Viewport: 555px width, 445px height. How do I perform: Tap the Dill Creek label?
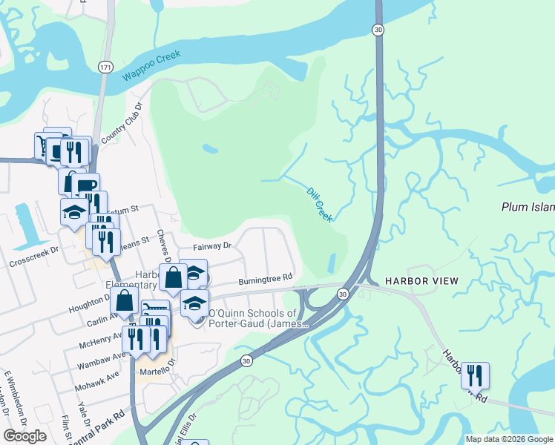[319, 203]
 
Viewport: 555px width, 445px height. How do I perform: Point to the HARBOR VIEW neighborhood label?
[421, 281]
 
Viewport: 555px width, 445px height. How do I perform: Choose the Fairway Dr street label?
[212, 245]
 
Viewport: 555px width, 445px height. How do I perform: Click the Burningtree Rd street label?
[266, 280]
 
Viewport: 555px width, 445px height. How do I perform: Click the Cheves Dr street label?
[165, 245]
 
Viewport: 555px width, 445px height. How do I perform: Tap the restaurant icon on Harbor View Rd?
[475, 375]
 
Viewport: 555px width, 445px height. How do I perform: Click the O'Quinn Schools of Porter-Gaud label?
[252, 319]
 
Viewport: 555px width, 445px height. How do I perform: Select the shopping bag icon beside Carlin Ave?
[125, 301]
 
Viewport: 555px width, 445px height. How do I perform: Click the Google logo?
[24, 436]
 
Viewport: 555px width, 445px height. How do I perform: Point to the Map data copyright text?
[508, 439]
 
